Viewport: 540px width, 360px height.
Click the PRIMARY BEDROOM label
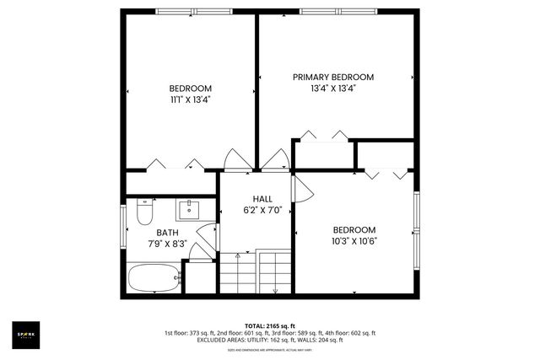[333, 77]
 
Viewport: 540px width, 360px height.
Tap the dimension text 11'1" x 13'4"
[190, 99]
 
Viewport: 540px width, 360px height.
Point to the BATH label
[166, 232]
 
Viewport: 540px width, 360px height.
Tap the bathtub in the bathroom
[154, 277]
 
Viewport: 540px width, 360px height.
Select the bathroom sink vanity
[188, 208]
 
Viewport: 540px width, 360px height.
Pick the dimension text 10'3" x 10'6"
[354, 240]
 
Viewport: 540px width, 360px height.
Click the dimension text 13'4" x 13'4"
[333, 88]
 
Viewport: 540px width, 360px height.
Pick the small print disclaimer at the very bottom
[270, 349]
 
